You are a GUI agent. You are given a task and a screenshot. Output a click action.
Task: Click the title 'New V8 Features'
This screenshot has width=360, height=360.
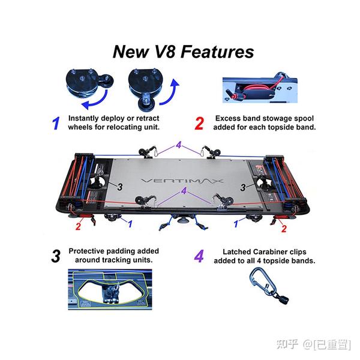point(183,52)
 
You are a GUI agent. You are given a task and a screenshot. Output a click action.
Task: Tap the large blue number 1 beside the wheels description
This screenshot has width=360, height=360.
point(56,124)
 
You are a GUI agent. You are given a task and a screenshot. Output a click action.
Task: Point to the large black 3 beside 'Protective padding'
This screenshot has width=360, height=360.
point(56,256)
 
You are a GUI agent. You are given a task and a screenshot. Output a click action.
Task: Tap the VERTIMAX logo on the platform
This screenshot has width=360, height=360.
point(181,179)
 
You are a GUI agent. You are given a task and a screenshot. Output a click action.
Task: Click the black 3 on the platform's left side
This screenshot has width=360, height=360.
point(119,187)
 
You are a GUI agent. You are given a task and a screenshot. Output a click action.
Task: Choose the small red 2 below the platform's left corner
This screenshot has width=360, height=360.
point(78,227)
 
